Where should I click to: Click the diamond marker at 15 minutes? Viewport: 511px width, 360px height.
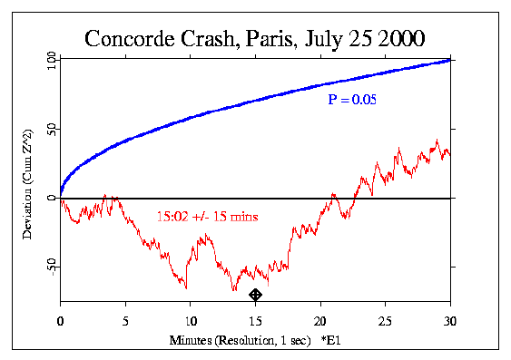point(256,295)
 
